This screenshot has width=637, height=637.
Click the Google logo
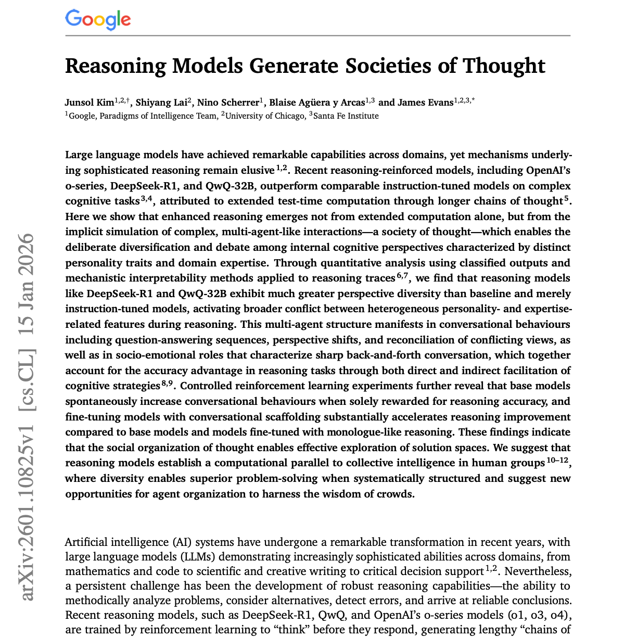(x=98, y=19)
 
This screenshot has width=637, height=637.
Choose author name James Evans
(x=425, y=102)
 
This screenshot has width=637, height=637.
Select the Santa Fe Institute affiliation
(x=346, y=116)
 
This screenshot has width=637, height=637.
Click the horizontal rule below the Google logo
(x=317, y=35)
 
